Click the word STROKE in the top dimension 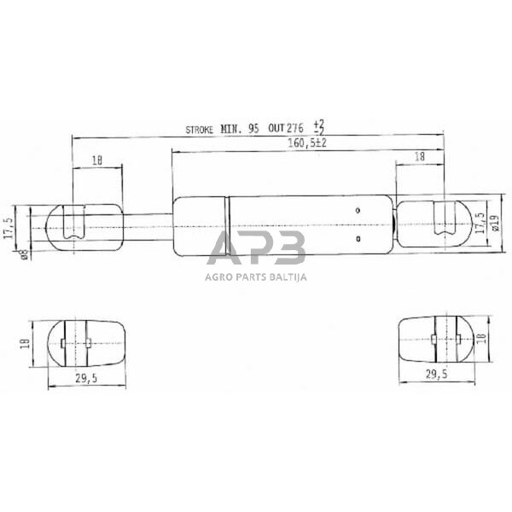[202, 130]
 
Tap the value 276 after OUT [295, 130]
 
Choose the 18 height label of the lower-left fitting [26, 343]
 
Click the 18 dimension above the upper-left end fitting [96, 160]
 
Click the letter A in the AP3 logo [226, 250]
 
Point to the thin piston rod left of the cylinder [147, 224]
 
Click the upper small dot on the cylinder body [359, 210]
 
